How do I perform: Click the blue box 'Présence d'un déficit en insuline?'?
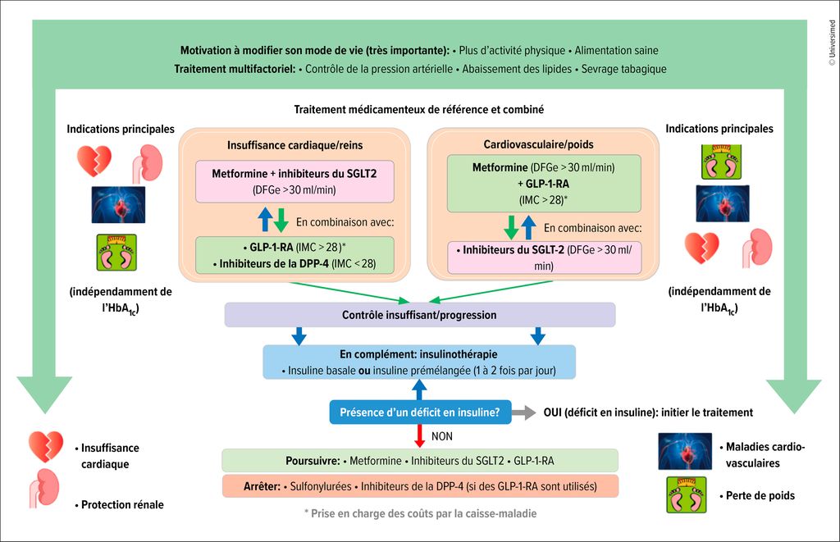[420, 412]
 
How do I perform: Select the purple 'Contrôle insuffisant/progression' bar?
[419, 315]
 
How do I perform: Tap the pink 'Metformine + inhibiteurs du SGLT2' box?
[294, 180]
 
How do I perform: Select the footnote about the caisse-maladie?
[419, 513]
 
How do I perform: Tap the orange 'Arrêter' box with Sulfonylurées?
[419, 486]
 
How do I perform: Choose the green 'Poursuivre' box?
[419, 460]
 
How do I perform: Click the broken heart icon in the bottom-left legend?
[45, 447]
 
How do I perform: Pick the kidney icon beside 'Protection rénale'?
[46, 489]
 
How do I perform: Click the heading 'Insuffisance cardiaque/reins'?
[294, 144]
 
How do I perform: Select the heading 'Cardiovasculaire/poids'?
[544, 144]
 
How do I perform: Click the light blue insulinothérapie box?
[419, 362]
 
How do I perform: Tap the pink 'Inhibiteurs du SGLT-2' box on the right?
[544, 257]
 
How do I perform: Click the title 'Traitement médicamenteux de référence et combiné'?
[419, 109]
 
